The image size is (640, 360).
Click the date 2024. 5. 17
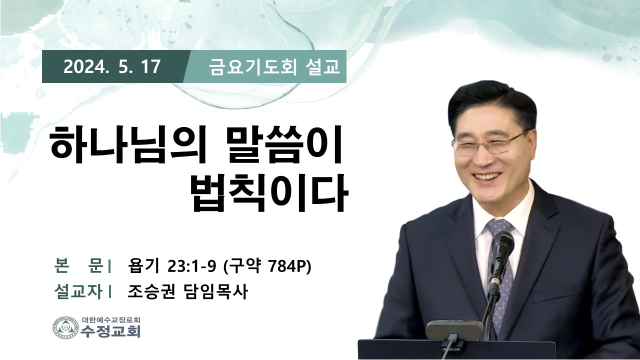coord(111,67)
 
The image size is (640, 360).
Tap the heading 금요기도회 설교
coord(274,67)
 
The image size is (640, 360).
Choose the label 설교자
coord(78,291)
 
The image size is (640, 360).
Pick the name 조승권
coord(151,291)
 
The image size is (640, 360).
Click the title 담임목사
coord(214,291)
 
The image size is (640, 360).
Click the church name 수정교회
coord(110,331)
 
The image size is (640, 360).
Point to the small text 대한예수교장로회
coord(110,319)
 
